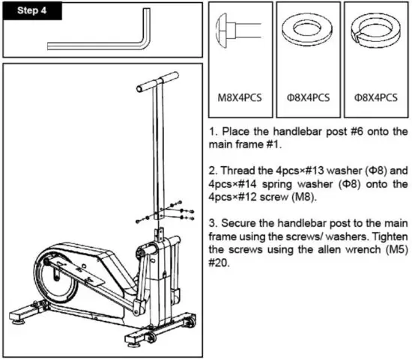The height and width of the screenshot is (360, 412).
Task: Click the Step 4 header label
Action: pyautogui.click(x=29, y=13)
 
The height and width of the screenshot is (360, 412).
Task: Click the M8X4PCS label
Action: pyautogui.click(x=240, y=97)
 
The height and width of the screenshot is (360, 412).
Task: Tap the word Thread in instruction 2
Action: pyautogui.click(x=240, y=168)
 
